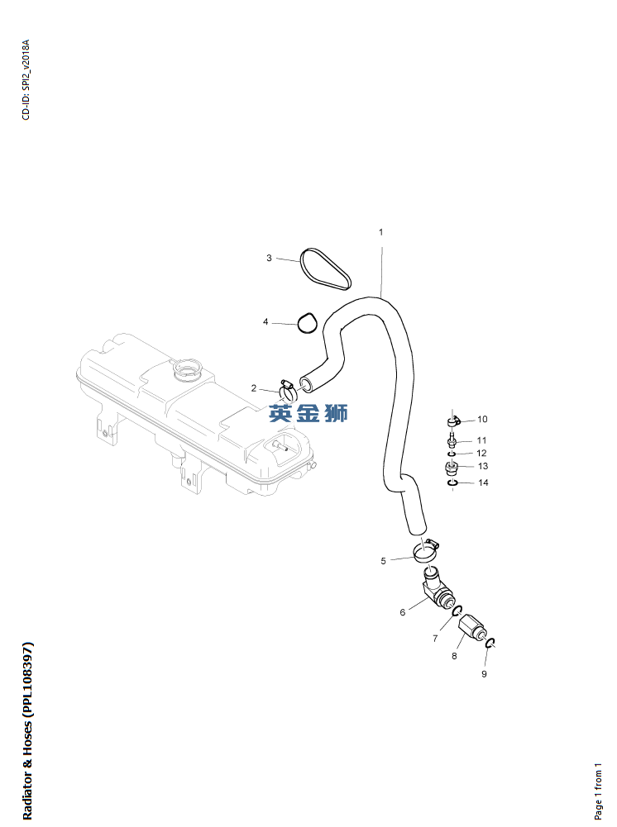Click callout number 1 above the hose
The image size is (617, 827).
tap(380, 232)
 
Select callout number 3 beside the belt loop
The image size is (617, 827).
tap(269, 258)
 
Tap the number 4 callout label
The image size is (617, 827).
tap(265, 321)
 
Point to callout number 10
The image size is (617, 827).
tap(482, 420)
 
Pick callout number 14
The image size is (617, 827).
tap(483, 482)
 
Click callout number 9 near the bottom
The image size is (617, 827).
tap(484, 674)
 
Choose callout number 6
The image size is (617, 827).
tap(403, 612)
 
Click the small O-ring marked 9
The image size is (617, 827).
tap(490, 643)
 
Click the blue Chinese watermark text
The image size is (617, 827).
tap(308, 413)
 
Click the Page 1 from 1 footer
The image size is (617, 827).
tap(598, 791)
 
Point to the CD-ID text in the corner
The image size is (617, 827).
tap(26, 79)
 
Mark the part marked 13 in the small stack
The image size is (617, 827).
tap(452, 468)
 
